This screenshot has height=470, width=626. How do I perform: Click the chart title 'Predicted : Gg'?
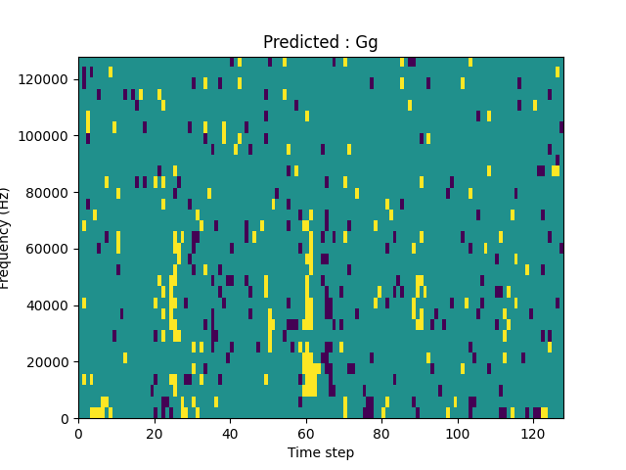[x=320, y=42]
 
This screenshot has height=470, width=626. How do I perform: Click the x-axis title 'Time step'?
[x=320, y=452]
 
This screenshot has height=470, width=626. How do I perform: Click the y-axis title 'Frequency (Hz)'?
[x=7, y=238]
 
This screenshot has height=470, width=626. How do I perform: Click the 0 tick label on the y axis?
[x=65, y=419]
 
